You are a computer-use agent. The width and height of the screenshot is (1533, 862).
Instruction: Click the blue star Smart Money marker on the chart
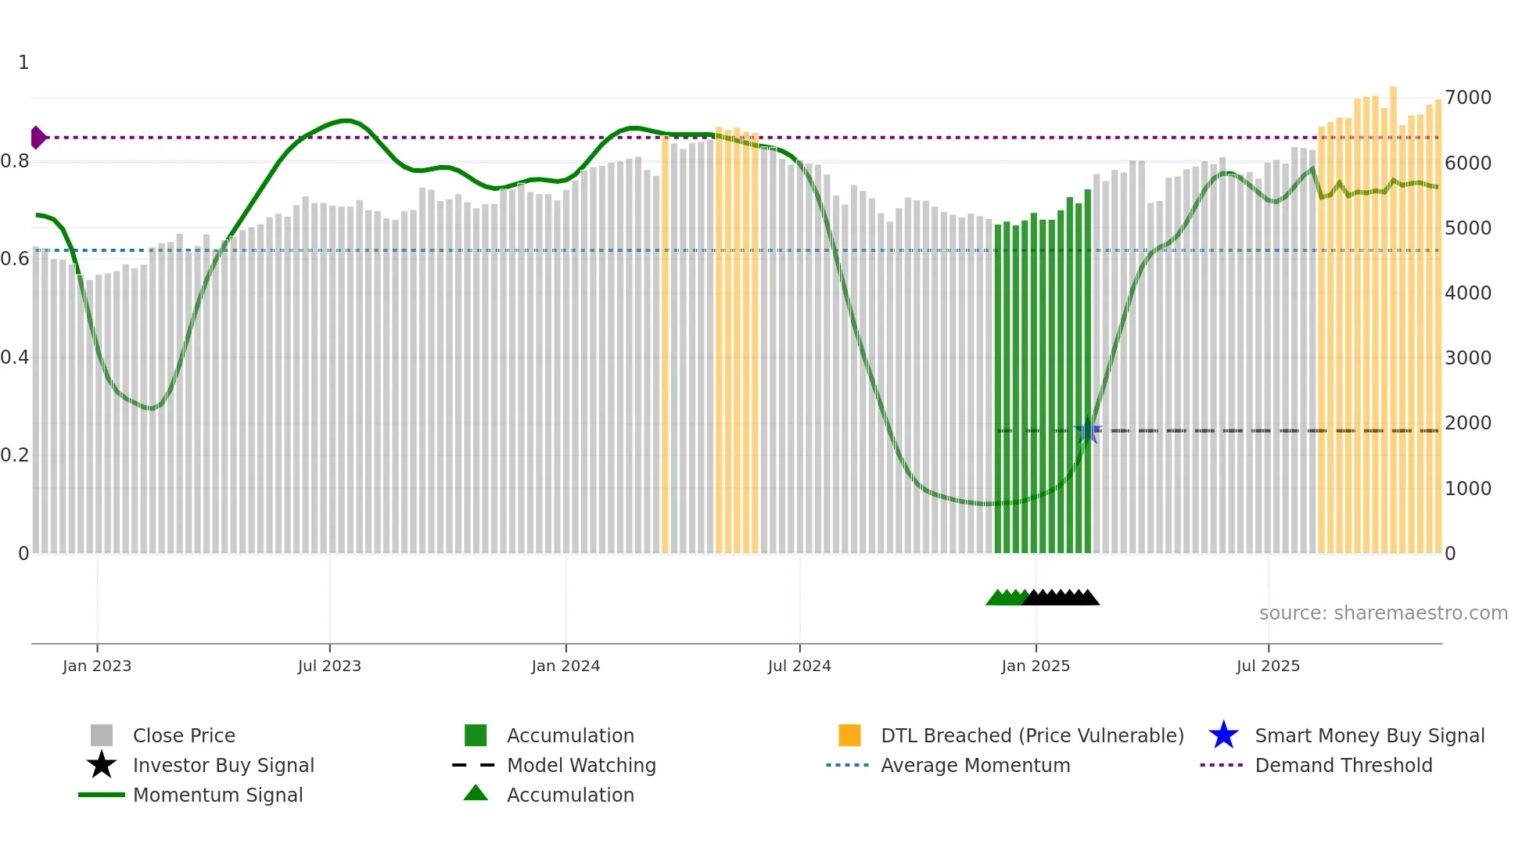1088,430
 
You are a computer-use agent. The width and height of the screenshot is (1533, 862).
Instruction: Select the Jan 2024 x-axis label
565,666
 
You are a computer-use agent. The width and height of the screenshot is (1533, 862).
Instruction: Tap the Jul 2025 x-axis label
1268,666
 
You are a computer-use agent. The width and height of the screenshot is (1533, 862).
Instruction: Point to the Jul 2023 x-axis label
329,666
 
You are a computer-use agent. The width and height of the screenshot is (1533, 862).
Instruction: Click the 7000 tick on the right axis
1468,98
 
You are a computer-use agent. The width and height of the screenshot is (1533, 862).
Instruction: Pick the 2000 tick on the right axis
1468,423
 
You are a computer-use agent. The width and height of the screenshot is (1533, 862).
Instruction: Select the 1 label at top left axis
23,63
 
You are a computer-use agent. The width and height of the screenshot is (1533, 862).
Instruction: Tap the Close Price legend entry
184,735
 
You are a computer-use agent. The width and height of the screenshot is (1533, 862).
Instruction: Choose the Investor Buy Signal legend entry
223,765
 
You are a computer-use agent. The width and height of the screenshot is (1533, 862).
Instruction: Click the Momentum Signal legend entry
217,795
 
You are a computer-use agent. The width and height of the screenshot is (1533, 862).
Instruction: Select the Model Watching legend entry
581,765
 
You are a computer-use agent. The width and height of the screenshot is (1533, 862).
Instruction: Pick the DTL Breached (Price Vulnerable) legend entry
1032,735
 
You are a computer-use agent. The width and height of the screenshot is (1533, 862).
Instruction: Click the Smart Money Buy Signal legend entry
1370,735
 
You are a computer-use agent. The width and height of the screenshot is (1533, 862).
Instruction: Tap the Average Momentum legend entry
975,765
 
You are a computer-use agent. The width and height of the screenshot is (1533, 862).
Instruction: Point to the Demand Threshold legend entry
1343,765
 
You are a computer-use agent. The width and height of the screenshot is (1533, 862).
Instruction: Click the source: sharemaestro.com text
1383,613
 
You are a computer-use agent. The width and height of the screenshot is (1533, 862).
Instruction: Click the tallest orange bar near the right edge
1393,313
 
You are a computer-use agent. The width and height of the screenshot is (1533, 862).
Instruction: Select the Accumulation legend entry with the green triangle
570,795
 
